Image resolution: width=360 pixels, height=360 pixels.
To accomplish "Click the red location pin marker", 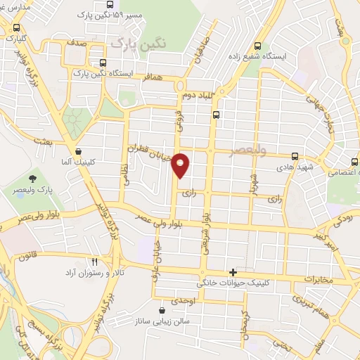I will click(x=181, y=165).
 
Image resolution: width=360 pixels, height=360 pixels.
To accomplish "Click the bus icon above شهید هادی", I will click(x=295, y=156).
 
